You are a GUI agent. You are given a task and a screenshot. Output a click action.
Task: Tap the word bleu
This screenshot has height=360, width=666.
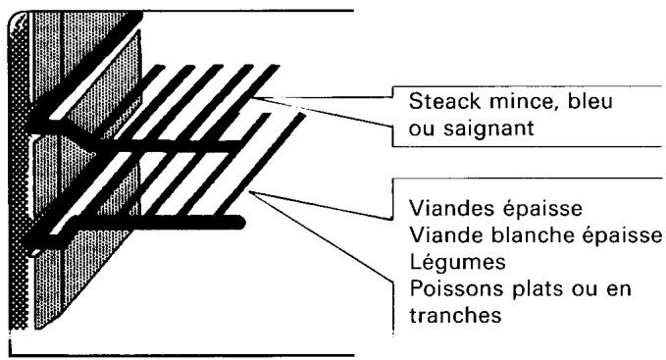564,102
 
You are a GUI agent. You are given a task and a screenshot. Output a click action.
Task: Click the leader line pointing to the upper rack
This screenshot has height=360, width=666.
333,98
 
